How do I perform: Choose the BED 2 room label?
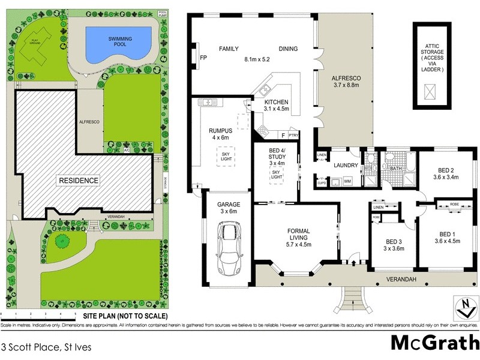click(x=445, y=173)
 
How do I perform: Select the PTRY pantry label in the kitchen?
click(x=293, y=136)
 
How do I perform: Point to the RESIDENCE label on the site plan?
click(x=78, y=180)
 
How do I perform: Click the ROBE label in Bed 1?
click(x=454, y=205)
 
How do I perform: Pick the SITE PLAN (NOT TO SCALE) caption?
click(x=125, y=316)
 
